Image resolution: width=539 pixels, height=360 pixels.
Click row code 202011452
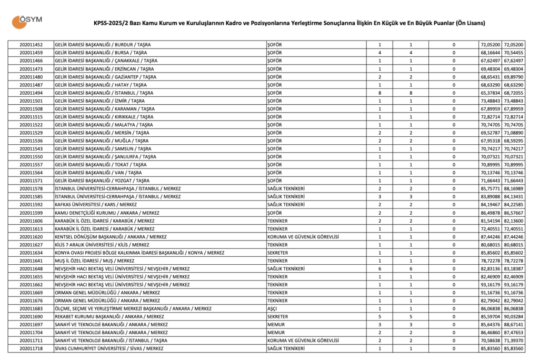tap(31, 45)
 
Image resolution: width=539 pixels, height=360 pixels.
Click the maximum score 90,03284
tap(514, 317)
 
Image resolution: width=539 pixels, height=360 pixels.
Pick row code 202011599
tap(31, 213)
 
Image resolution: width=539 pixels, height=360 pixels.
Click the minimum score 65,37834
tap(491, 93)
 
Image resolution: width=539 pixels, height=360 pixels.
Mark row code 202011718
tap(31, 348)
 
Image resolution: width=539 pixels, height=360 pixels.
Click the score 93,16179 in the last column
tap(514, 285)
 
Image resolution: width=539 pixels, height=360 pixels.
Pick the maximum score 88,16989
tap(514, 188)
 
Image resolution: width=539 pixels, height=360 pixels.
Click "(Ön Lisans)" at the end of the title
tap(469, 23)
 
